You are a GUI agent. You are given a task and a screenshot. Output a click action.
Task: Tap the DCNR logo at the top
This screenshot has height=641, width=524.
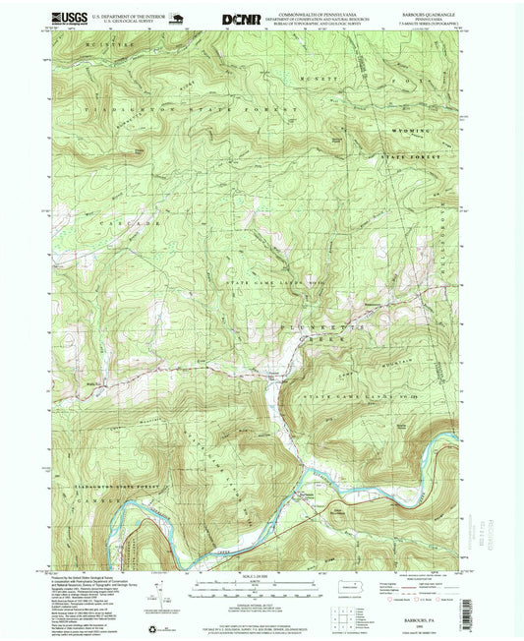(241, 18)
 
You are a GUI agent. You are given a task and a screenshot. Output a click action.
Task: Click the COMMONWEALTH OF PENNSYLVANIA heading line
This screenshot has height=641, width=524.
(321, 14)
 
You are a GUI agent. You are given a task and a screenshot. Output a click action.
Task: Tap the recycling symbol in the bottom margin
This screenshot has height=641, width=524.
(150, 629)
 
